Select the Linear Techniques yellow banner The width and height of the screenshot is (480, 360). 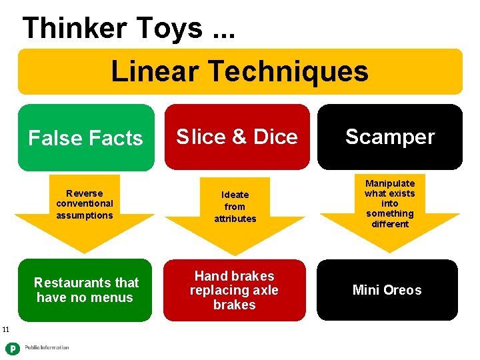(x=240, y=71)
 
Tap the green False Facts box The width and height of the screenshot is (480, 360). (x=85, y=138)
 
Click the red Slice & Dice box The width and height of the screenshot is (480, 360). (x=237, y=137)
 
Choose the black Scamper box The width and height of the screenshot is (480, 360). (x=389, y=137)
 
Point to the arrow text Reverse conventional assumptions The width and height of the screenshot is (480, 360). (x=85, y=205)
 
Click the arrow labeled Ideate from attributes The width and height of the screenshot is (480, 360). (x=235, y=207)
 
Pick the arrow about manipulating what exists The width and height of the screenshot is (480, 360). (x=389, y=203)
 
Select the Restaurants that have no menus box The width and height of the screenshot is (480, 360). (x=86, y=290)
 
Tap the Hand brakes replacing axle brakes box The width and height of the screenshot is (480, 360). (x=234, y=290)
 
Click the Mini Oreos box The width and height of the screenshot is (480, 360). (x=387, y=290)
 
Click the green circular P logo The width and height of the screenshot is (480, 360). (x=12, y=347)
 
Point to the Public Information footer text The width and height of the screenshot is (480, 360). (x=47, y=348)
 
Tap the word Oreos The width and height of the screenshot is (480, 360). (x=404, y=290)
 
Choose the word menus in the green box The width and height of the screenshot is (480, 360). (x=117, y=297)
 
